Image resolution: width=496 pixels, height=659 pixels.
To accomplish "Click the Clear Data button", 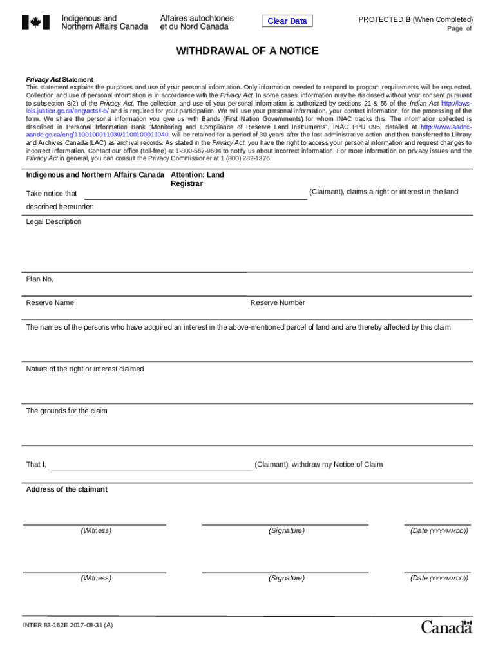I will pyautogui.click(x=287, y=21).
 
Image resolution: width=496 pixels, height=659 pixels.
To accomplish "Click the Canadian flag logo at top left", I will pyautogui.click(x=35, y=23).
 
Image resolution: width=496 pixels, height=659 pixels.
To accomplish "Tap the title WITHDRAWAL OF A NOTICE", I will pyautogui.click(x=247, y=51).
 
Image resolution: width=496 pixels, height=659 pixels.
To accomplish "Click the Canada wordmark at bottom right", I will pyautogui.click(x=446, y=626).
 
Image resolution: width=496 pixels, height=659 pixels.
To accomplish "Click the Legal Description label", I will pyautogui.click(x=53, y=222).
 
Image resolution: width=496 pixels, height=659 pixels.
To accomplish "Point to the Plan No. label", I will pyautogui.click(x=40, y=279).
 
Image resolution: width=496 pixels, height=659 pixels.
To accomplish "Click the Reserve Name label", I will pyautogui.click(x=50, y=303).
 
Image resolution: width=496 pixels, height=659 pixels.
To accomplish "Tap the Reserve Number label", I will pyautogui.click(x=278, y=303).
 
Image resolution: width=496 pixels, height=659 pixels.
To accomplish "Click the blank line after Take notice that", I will pyautogui.click(x=196, y=195).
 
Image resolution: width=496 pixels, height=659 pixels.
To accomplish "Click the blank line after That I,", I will pyautogui.click(x=151, y=466).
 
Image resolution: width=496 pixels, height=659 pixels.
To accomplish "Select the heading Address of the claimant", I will pyautogui.click(x=66, y=490).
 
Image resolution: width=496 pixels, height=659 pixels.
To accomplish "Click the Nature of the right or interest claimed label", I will pyautogui.click(x=85, y=369).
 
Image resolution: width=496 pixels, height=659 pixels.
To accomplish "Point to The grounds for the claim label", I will pyautogui.click(x=66, y=411).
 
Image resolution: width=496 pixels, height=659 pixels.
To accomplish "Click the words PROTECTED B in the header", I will pyautogui.click(x=385, y=19).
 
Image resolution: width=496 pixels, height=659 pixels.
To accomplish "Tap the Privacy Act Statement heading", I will pyautogui.click(x=59, y=80).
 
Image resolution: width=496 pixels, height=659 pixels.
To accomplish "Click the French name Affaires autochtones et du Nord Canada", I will pyautogui.click(x=197, y=23).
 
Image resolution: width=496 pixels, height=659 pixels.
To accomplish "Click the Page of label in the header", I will pyautogui.click(x=459, y=29).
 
